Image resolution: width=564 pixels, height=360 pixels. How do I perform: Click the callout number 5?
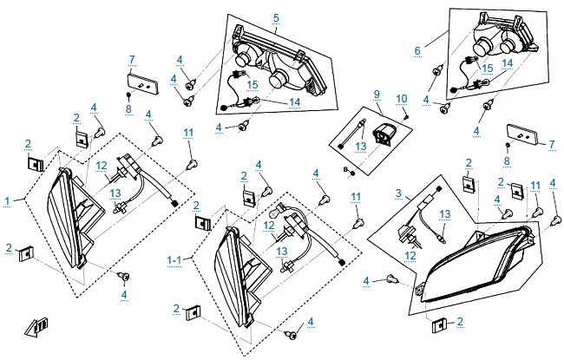pos(276,17)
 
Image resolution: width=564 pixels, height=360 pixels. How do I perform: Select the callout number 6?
pos(417,50)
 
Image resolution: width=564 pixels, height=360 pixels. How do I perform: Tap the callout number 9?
pos(377,95)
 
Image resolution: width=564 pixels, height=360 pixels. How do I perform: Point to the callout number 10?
pos(402,99)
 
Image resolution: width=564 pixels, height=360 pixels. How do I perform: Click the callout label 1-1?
pos(174,259)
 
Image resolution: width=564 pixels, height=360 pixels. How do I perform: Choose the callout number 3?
pos(398,193)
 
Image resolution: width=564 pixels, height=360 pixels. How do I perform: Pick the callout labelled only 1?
pos(8,201)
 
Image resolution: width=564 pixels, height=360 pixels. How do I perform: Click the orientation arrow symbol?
pos(36,327)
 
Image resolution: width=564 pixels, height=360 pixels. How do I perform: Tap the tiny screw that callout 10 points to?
pos(407,116)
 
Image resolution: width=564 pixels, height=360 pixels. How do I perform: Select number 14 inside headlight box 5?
pos(295,102)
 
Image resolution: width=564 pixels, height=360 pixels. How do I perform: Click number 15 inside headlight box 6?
pos(488,69)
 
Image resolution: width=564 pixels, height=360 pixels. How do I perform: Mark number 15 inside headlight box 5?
pos(252,85)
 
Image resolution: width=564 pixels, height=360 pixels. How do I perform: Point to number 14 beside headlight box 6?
pos(508,63)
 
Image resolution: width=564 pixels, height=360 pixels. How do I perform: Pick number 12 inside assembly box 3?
pos(410,256)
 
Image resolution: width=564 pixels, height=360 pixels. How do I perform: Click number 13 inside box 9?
pos(360,146)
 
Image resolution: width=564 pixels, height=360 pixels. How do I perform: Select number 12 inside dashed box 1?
pos(102,166)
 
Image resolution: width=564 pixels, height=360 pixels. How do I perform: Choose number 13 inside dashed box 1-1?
pos(282,252)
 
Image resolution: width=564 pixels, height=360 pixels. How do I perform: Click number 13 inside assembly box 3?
pos(445,214)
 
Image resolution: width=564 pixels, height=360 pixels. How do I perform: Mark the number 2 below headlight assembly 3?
pos(460,321)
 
